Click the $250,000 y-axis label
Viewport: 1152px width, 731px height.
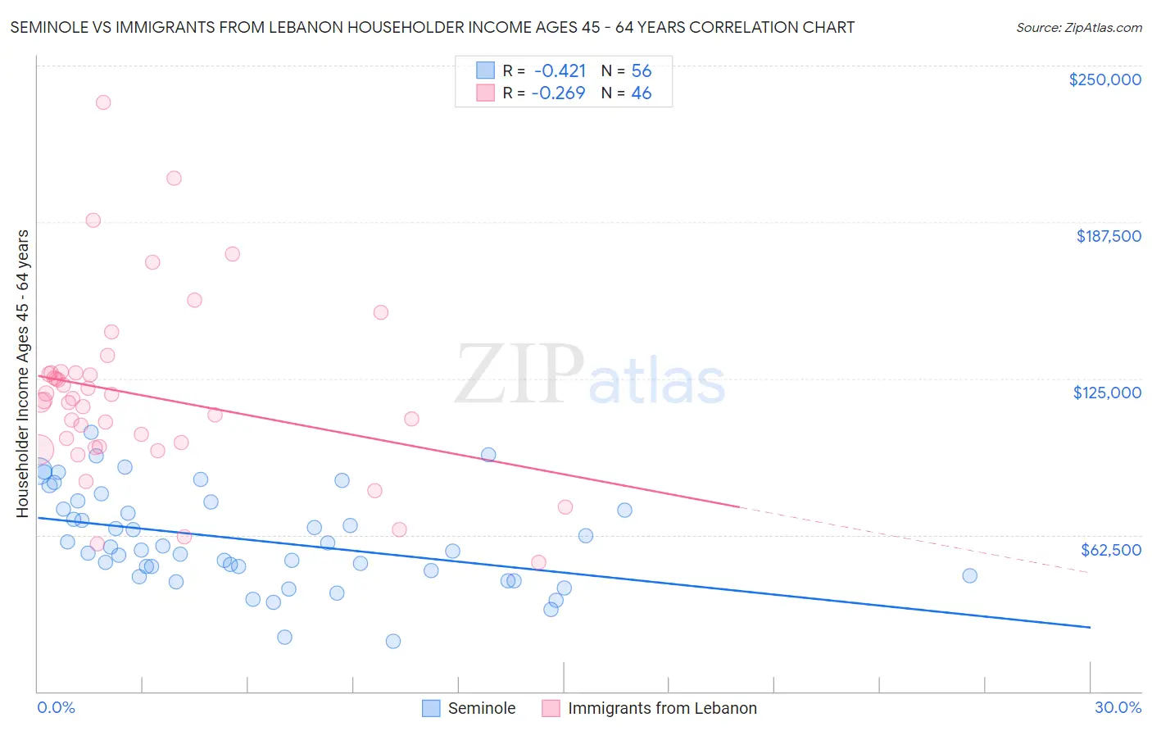[1104, 79]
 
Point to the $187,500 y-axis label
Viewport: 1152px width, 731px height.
[1109, 236]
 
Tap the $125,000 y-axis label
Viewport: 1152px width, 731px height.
[1107, 393]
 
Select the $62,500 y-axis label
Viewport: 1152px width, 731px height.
[1111, 550]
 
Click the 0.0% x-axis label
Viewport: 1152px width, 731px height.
[56, 707]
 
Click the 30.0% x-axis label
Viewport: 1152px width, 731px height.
[1118, 707]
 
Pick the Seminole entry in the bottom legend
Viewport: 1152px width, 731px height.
[469, 708]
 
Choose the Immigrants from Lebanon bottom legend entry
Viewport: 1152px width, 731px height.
[649, 708]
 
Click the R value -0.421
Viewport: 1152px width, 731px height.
[560, 70]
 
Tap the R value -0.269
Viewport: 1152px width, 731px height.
[558, 93]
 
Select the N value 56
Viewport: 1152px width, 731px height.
[642, 70]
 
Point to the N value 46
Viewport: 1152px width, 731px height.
[642, 93]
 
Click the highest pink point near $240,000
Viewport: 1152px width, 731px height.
[103, 102]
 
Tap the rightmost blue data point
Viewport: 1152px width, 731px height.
[969, 575]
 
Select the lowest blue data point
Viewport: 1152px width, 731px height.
[393, 641]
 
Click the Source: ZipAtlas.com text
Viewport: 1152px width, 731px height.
[1079, 28]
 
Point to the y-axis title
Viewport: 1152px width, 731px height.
[23, 374]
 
